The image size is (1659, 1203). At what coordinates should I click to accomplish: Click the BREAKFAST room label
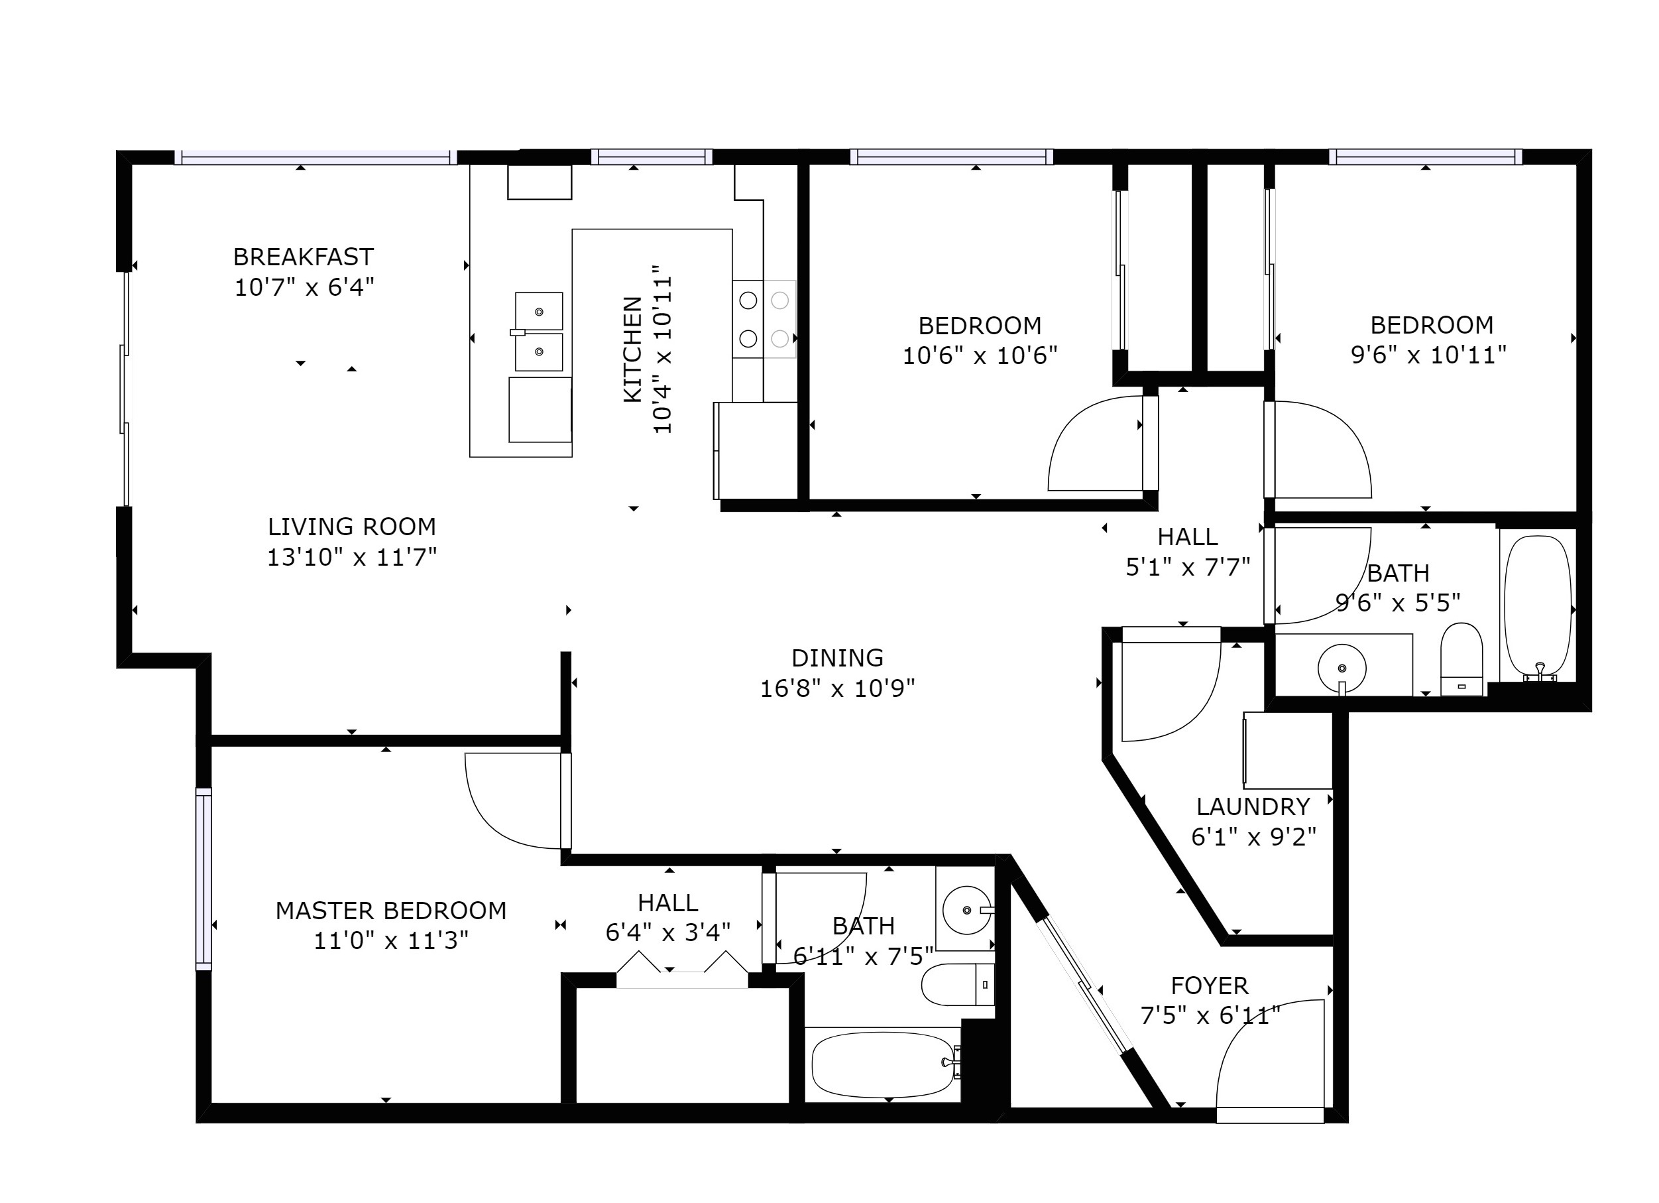[x=304, y=257]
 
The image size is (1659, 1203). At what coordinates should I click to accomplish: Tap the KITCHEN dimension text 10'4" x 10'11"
[x=662, y=349]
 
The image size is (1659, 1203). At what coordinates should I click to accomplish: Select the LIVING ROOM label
[x=352, y=527]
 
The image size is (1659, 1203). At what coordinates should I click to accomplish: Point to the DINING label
[x=838, y=658]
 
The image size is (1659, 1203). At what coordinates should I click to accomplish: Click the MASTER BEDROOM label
[x=391, y=911]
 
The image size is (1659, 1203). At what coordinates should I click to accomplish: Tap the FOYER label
[x=1210, y=985]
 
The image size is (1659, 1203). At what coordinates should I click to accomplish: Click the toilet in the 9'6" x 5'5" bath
[x=1461, y=659]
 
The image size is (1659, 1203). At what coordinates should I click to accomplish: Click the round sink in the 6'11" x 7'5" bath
[x=967, y=911]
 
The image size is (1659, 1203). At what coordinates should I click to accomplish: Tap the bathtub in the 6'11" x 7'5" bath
[x=884, y=1064]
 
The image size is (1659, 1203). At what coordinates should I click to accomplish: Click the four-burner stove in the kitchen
[x=764, y=319]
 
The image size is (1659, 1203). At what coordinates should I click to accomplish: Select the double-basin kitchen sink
[x=539, y=332]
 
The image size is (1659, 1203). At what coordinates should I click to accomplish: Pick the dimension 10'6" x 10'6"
[x=980, y=355]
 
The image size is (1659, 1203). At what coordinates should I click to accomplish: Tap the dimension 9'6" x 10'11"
[x=1428, y=355]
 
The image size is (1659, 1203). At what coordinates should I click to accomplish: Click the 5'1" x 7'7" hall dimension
[x=1188, y=566]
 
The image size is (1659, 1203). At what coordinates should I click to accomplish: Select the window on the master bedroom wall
[x=203, y=879]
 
